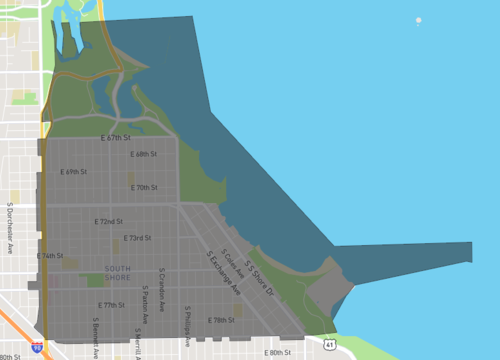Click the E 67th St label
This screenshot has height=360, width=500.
point(118,138)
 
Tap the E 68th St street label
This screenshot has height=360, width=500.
point(145,154)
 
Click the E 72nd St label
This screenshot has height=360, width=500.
point(108,221)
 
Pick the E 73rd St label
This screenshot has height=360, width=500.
point(137,238)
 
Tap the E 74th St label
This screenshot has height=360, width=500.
point(50,256)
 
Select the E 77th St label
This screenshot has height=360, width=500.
point(111,304)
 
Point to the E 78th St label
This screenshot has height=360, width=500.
point(221,321)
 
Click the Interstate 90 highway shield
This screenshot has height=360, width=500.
point(37,346)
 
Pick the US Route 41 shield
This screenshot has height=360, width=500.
point(329,343)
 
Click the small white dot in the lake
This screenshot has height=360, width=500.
point(419,21)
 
